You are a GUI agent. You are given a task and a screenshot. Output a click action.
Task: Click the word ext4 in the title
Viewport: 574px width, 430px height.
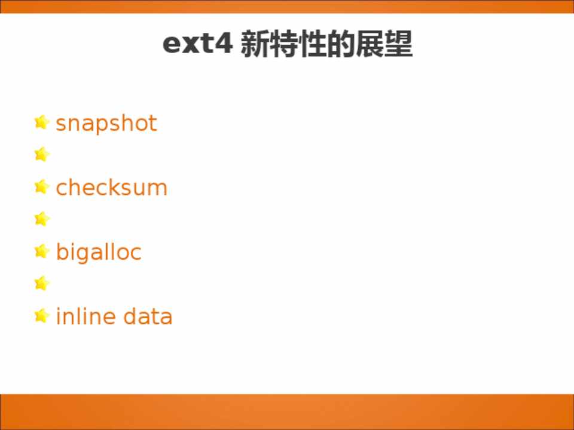197,44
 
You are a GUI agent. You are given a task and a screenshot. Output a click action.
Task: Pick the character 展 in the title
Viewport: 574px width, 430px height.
370,44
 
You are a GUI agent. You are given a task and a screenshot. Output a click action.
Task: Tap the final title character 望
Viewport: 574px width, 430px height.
398,44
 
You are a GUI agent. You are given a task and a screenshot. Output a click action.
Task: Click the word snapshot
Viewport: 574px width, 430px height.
106,124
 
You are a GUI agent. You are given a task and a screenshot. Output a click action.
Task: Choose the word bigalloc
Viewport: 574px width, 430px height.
99,252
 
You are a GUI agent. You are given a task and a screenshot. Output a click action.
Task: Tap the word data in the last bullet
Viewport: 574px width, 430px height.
148,316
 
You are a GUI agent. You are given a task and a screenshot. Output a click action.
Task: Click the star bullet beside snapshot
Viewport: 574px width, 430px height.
42,122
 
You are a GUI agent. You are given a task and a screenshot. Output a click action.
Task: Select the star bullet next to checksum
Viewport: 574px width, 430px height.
42,186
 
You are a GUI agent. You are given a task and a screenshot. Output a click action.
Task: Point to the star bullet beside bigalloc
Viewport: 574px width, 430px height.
42,251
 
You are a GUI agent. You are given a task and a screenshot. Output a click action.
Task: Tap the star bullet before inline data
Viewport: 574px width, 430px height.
42,315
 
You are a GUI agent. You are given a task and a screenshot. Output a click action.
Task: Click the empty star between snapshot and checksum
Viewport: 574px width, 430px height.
42,154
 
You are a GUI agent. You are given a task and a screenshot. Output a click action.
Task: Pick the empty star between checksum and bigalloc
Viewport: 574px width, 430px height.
42,219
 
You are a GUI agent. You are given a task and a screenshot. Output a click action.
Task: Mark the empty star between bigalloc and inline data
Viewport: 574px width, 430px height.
42,283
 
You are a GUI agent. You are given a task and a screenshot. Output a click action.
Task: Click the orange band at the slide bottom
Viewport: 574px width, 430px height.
287,411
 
